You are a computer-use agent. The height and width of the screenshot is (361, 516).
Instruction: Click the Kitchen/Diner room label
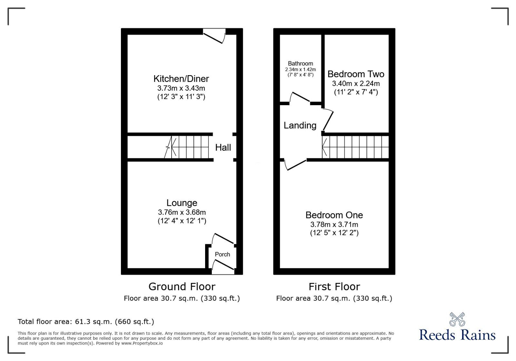[181, 79]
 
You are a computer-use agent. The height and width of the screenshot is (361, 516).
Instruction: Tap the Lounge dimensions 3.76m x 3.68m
[182, 212]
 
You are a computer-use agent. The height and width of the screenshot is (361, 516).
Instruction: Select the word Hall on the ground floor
[223, 147]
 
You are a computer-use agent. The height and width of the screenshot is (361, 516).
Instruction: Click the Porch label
[222, 254]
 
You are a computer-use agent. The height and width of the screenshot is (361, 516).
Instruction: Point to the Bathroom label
[300, 64]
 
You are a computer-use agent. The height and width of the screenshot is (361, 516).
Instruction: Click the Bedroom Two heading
[356, 74]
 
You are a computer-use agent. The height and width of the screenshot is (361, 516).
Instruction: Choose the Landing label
[300, 125]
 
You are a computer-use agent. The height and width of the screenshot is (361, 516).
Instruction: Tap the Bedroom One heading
[334, 215]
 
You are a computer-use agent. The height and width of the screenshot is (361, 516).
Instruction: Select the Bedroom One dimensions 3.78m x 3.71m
[334, 225]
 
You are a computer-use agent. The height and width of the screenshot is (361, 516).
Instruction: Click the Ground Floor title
[182, 286]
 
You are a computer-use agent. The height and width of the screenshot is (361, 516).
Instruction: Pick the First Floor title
[334, 286]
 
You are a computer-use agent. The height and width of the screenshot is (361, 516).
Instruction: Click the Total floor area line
[86, 322]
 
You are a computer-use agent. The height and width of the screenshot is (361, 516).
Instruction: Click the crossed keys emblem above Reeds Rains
[457, 319]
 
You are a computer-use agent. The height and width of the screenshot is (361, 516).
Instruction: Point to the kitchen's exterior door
[214, 36]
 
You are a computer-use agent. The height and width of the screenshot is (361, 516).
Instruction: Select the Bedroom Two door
[328, 120]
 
